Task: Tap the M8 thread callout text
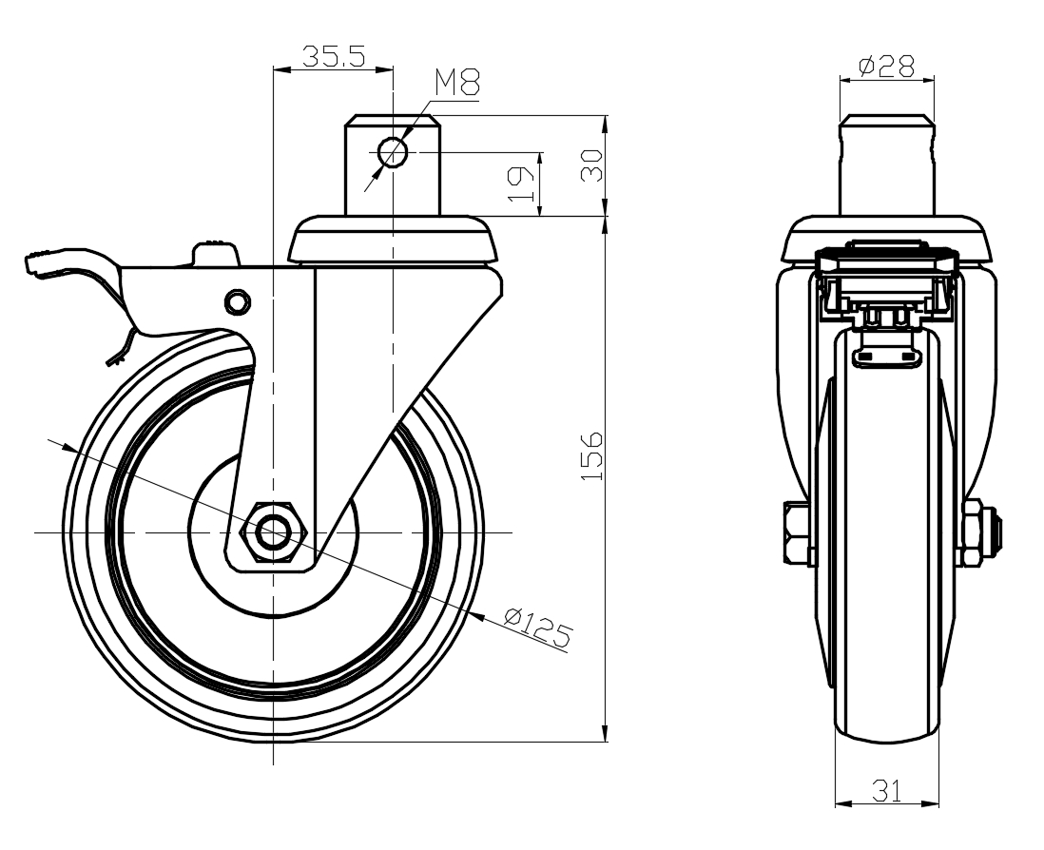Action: tap(457, 84)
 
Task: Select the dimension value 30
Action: tap(591, 165)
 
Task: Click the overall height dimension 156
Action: tap(591, 456)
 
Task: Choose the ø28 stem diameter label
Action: tap(886, 66)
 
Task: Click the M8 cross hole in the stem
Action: tap(393, 151)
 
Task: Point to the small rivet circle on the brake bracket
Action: tap(236, 301)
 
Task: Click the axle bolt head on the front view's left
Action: tap(793, 532)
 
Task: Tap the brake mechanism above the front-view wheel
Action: tap(886, 285)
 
